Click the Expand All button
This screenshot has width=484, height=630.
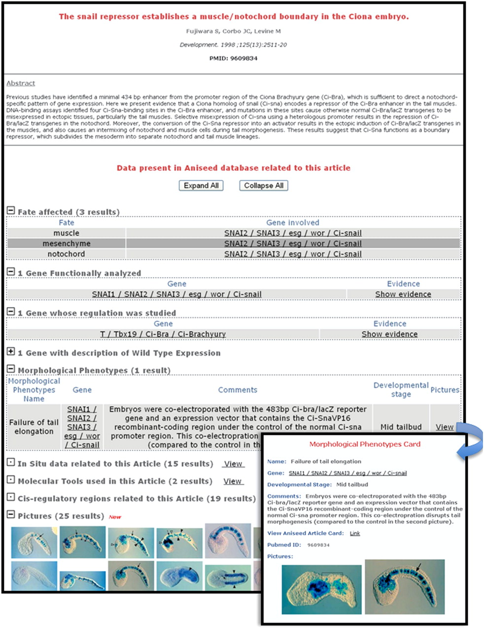click(201, 186)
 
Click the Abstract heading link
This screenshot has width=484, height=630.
click(21, 83)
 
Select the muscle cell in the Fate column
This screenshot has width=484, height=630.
click(66, 233)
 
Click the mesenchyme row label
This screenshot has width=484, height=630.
click(66, 244)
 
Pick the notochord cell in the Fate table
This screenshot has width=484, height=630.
click(66, 254)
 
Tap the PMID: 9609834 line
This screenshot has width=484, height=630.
click(233, 58)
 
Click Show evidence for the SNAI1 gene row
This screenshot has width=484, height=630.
click(403, 294)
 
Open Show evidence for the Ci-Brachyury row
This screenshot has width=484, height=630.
click(389, 334)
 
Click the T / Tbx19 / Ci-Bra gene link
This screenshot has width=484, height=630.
click(163, 334)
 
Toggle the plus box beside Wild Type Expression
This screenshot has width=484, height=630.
click(11, 351)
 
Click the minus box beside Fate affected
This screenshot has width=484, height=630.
click(11, 211)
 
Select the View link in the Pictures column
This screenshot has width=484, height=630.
click(444, 427)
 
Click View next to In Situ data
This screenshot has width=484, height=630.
click(233, 464)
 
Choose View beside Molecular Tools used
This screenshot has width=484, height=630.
click(232, 481)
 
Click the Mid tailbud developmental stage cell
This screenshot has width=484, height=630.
click(401, 427)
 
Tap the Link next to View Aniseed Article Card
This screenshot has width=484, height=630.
click(354, 533)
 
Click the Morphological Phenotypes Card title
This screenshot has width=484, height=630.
click(365, 444)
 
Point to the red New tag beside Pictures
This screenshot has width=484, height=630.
click(115, 517)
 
